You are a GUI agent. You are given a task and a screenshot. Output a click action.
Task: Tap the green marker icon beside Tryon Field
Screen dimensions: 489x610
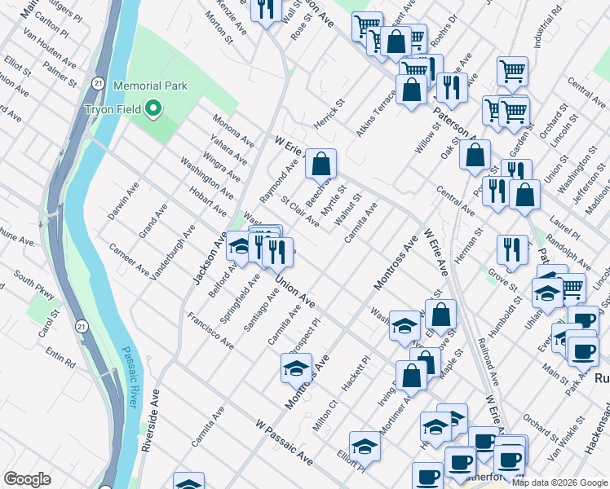pos(152,108)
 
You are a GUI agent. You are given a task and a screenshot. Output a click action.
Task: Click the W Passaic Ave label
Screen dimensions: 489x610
pos(284,443)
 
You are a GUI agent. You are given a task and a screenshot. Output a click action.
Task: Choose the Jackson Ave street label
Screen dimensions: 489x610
pos(209,258)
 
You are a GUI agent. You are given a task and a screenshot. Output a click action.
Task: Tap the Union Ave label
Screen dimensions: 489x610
pos(294,291)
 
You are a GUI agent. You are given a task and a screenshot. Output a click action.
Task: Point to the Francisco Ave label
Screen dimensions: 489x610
pos(210,331)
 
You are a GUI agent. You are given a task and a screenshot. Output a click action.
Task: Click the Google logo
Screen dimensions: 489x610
pos(27,478)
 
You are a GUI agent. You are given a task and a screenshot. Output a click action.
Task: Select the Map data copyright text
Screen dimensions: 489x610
pos(559,482)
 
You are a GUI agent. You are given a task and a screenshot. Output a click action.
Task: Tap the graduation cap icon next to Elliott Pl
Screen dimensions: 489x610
pos(365,447)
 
